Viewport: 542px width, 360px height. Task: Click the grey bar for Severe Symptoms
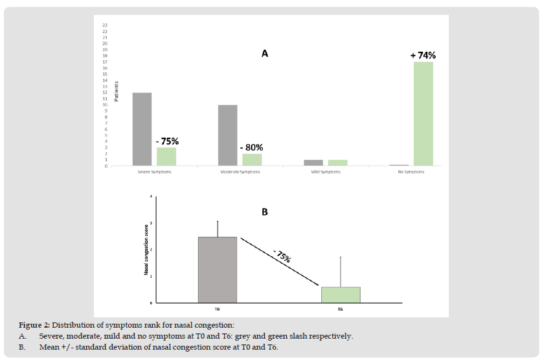[142, 129]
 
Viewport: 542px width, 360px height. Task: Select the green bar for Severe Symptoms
[166, 156]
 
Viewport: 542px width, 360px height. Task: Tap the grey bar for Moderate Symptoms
[227, 135]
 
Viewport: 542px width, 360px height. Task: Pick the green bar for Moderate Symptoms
[252, 159]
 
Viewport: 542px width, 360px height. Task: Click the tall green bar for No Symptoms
[423, 113]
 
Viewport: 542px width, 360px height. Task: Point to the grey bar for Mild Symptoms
[313, 163]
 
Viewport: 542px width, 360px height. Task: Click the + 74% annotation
[422, 56]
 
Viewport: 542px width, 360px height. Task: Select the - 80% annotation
[253, 147]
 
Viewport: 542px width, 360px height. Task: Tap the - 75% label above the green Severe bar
[167, 141]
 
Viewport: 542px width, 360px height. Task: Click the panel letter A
[264, 54]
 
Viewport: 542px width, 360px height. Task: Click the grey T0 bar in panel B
[218, 269]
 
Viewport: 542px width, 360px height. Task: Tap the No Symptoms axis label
[411, 172]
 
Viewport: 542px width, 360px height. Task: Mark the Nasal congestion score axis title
[146, 249]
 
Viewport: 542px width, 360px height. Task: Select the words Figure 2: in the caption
[34, 324]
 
